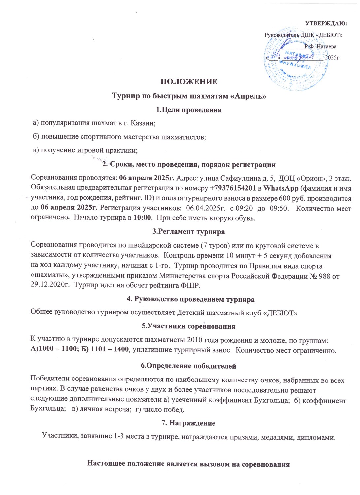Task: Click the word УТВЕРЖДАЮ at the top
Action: [325, 23]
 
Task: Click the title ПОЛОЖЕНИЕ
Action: [189, 82]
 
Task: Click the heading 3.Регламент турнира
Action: [188, 231]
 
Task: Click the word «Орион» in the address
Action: [308, 179]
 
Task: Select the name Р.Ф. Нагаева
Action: [320, 46]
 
